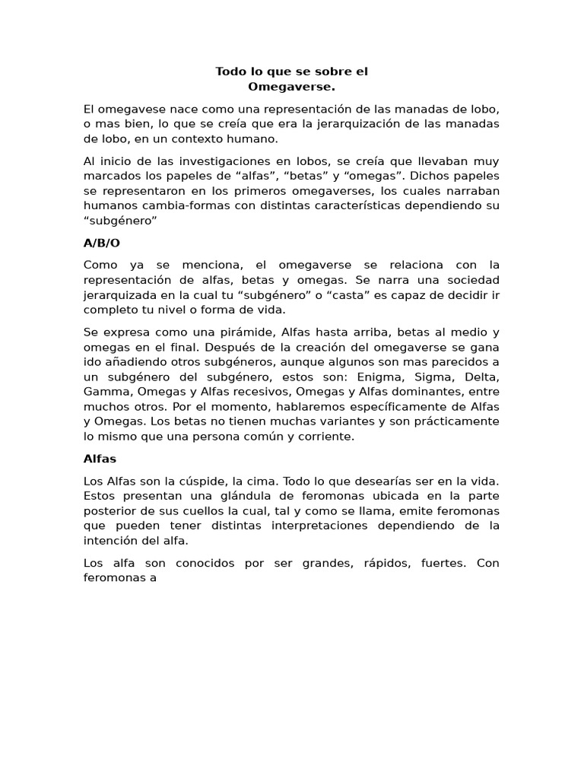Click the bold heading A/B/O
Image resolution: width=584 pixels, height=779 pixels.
102,243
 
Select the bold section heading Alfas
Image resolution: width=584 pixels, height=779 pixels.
100,459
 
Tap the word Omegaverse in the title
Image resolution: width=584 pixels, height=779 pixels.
291,87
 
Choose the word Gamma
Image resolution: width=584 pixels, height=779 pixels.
106,391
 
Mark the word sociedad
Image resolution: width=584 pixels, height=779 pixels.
470,280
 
